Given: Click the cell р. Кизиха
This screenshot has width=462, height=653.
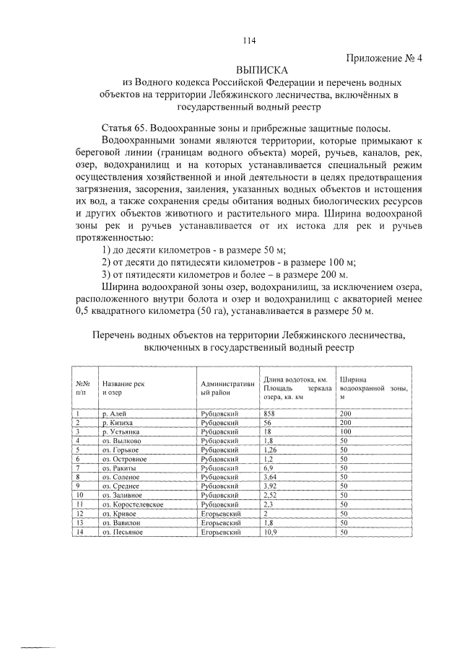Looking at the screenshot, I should point(118,421).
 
